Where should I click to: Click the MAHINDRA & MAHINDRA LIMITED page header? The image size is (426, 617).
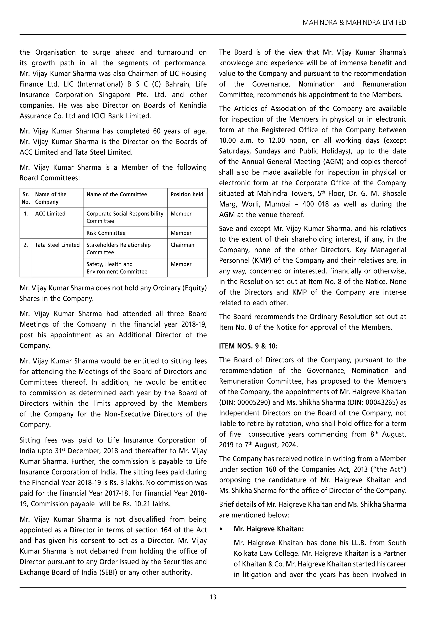point(354,23)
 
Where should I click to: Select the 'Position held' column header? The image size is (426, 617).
point(187,194)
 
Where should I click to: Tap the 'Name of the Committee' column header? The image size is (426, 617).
point(117,194)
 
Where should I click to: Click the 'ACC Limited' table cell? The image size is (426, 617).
point(50,213)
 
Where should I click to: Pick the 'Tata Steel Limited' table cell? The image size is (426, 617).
point(57,245)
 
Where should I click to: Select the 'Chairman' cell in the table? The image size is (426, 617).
point(182,245)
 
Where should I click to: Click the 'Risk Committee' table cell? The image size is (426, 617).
point(106,233)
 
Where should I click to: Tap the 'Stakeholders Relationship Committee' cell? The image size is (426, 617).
point(119,248)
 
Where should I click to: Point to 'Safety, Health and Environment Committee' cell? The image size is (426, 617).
point(117,268)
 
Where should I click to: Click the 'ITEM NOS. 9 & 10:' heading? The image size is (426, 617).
point(248,346)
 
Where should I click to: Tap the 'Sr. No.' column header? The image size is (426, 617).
point(26,198)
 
